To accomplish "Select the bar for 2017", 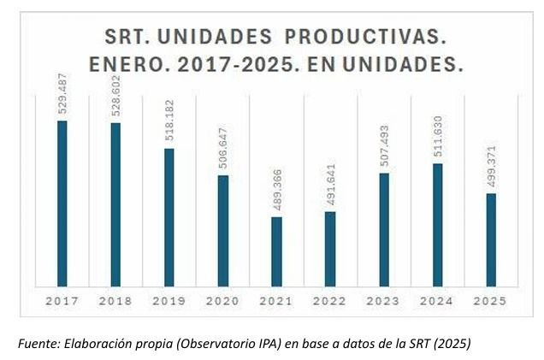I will point(62,203).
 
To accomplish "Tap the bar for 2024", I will point(437,224).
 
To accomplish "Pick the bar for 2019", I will point(169,216).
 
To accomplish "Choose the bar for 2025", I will point(491,239).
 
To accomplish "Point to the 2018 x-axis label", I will point(115,301).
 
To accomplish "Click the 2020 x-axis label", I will point(222,301).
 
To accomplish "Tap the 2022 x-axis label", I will point(330,301).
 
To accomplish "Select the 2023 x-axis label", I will point(384,301).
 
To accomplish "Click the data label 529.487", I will point(62,93).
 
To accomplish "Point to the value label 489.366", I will point(277,190).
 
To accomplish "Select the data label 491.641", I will point(331,184).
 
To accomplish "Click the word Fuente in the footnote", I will point(37,343).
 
